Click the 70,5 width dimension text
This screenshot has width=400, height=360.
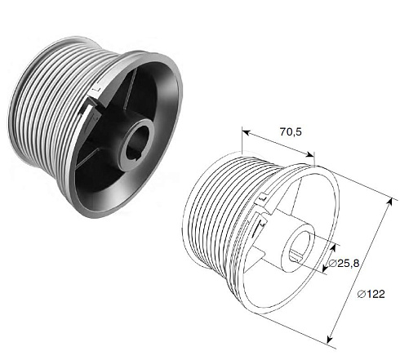point(291,132)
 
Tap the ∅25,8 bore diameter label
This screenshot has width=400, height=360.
point(344,263)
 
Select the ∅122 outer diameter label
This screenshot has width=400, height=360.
point(371,294)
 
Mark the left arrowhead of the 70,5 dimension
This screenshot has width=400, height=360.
point(246,132)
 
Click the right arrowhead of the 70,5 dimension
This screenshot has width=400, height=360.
point(310,155)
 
